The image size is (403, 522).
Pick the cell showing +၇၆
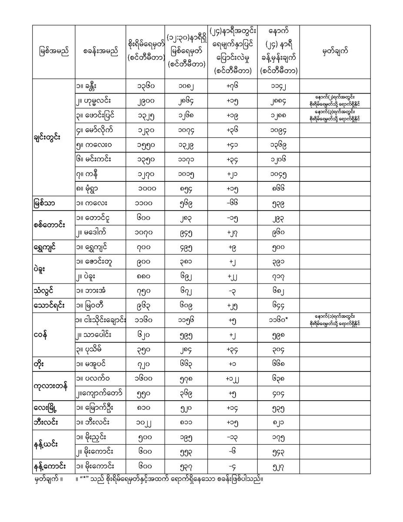(234, 86)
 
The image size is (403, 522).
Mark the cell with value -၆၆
(234, 204)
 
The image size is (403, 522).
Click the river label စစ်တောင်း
(49, 224)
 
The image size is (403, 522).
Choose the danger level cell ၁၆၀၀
(143, 378)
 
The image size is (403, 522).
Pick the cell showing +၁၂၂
(234, 378)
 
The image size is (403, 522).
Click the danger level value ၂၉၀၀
(143, 101)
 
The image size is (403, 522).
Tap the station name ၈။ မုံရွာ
(89, 189)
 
